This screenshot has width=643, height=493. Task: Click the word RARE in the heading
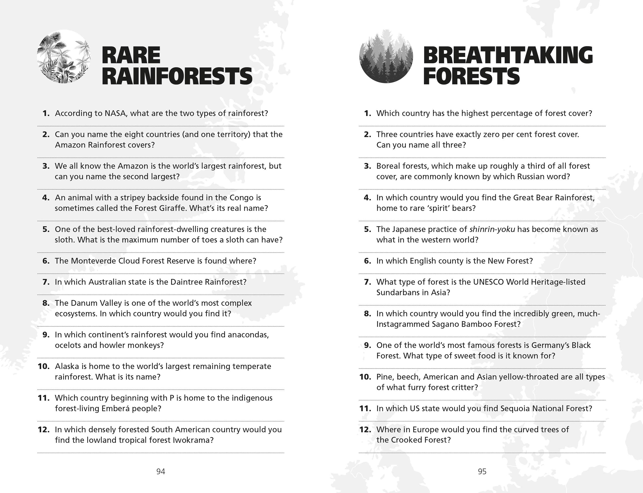[131, 55]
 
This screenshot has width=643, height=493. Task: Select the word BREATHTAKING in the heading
[508, 55]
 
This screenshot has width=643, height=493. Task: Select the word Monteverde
[93, 261]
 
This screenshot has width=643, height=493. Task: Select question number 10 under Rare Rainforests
[43, 366]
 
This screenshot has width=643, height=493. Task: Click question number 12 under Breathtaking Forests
[365, 429]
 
